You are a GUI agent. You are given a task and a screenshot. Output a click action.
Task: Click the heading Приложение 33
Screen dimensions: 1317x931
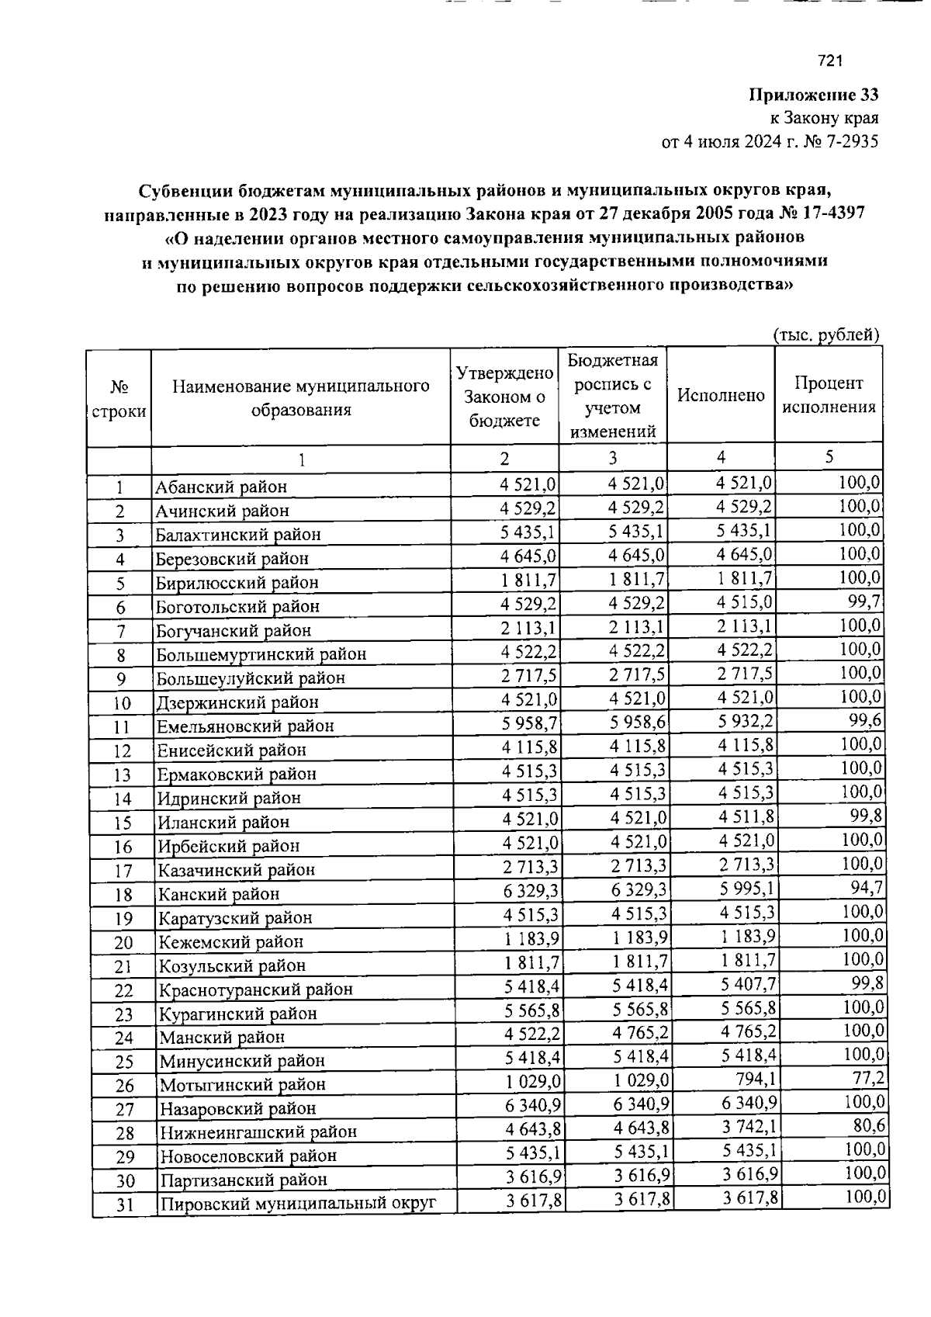pos(813,95)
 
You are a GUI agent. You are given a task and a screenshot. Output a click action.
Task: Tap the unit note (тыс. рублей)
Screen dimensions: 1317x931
pos(826,334)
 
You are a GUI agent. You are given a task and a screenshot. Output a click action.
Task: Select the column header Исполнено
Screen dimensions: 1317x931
pos(721,396)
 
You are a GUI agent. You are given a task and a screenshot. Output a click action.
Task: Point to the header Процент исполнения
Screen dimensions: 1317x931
pos(829,395)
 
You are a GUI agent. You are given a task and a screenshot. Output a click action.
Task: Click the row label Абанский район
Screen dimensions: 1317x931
pos(221,487)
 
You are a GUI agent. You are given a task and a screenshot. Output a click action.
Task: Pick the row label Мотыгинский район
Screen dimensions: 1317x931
pos(242,1084)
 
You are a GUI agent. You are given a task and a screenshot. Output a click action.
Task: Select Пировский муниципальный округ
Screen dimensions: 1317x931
pos(297,1204)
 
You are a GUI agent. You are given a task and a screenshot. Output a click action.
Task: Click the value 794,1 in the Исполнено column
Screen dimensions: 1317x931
pos(753,1079)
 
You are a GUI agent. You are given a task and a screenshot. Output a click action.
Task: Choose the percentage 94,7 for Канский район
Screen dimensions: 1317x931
pos(867,886)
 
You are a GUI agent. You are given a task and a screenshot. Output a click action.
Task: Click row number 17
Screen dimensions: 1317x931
pos(123,871)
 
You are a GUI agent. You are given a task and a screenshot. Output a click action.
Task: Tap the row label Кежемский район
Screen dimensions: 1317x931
pos(231,942)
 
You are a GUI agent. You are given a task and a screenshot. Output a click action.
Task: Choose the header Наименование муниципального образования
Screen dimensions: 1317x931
pos(301,397)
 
